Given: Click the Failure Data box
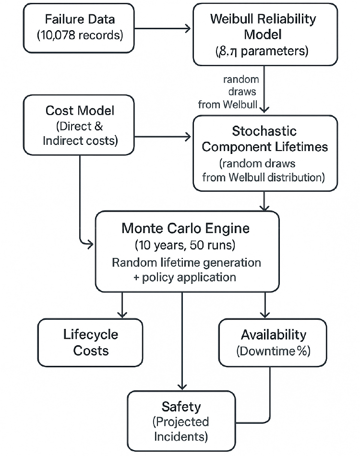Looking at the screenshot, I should point(80,28).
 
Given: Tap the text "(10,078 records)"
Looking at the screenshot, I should point(80,35).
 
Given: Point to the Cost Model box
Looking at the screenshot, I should point(80,125).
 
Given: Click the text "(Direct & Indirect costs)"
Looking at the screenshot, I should point(80,134).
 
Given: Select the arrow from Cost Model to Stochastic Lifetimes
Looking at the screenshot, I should point(163,138).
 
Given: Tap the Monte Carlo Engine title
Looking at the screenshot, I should point(186,228).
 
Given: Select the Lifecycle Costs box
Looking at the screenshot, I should point(91,342).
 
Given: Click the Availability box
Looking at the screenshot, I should point(273,342).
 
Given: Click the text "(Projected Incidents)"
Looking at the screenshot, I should point(181,429).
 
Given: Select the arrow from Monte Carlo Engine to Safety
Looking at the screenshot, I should point(182,340).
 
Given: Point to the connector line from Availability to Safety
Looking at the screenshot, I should point(270,398).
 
